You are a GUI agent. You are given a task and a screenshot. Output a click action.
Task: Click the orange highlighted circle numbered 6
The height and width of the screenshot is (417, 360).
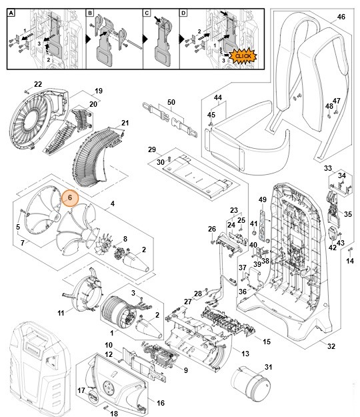click(70, 198)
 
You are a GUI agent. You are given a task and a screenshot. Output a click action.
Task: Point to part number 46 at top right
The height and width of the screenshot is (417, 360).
click(341, 16)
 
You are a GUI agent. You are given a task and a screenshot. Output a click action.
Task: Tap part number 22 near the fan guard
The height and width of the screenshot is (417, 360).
click(38, 84)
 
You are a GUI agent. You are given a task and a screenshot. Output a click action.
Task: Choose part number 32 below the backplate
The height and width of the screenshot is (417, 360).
click(331, 346)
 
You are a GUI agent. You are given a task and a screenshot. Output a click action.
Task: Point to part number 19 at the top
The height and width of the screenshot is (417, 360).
click(98, 91)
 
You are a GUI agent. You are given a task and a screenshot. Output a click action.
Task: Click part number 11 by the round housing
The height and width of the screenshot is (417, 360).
click(61, 312)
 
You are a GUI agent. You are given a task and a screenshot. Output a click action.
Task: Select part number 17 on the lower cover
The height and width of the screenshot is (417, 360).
click(82, 390)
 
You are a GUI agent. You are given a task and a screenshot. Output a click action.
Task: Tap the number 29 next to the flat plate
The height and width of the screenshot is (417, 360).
click(151, 149)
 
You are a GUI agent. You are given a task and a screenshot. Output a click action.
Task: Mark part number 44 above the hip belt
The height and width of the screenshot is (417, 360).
click(217, 97)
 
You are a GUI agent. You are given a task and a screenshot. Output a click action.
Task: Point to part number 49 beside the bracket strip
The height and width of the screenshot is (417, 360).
click(262, 199)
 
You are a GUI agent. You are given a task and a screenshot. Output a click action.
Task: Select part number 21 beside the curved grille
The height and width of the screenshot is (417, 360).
click(125, 123)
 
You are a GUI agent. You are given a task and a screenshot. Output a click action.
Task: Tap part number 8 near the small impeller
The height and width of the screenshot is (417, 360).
click(124, 238)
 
